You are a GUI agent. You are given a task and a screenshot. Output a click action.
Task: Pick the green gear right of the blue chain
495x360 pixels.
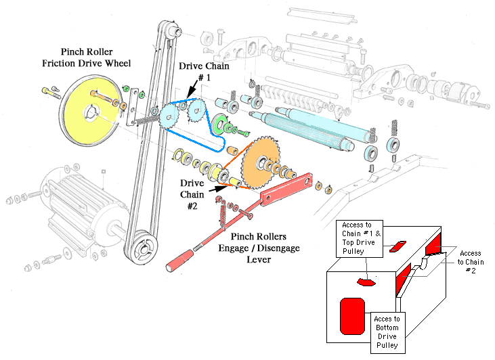coord(219,125)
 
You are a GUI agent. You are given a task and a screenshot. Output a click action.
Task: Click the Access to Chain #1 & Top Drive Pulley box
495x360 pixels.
coord(360,238)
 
